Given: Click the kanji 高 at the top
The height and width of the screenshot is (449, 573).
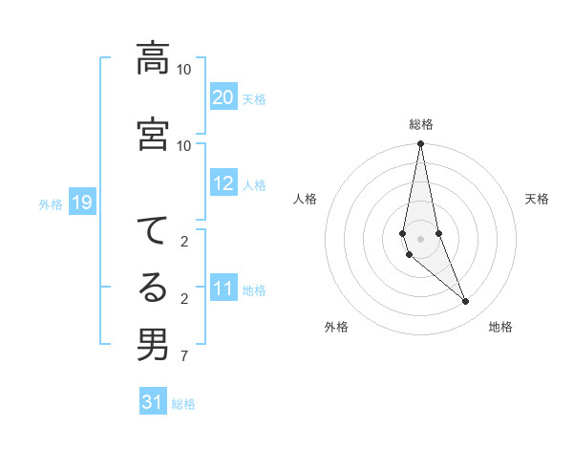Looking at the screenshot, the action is point(153,59).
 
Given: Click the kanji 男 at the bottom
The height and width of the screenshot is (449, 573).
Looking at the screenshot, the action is point(153,344).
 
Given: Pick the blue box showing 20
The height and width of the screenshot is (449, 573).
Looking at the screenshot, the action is point(223,97).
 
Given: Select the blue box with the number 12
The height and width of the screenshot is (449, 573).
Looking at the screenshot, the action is point(223,184).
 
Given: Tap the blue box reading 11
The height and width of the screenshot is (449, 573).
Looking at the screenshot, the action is point(223,289).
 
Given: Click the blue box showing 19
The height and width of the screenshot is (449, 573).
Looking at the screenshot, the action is point(82,203).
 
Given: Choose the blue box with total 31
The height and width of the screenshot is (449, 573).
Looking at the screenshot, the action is point(153,402).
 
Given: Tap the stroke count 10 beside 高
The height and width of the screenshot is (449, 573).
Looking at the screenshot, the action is point(183,70).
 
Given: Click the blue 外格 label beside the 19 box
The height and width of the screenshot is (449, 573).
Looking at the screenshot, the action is point(51,203).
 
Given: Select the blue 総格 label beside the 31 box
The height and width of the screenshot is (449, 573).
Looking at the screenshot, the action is point(183,403).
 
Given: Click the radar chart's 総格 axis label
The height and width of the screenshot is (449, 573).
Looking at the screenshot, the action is point(421,124).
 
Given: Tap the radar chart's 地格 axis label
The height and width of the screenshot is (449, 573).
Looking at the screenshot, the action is point(500,327).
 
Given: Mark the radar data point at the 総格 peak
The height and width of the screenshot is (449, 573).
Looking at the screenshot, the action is point(421,144).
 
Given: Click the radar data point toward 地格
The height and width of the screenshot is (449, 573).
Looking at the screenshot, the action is point(466,302).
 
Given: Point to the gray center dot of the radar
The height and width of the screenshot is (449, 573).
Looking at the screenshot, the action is point(421,238).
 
